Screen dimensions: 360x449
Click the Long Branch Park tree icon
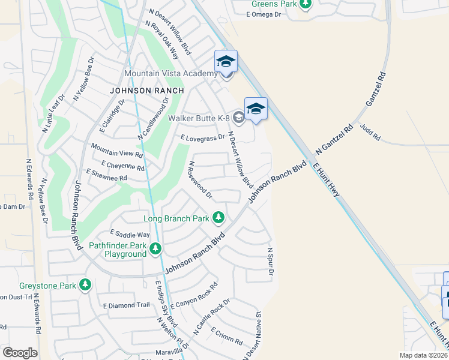pos(220,217)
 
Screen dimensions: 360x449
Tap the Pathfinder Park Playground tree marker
pos(156,247)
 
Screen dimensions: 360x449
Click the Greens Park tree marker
pos(306,5)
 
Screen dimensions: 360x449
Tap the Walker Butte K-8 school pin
pos(256,109)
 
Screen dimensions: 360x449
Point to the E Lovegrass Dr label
pos(203,137)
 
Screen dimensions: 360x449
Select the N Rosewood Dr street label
pos(200,179)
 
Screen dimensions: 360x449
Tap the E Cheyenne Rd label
pos(122,165)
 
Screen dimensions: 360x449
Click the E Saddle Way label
pos(130,235)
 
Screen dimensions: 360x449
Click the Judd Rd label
pos(370,132)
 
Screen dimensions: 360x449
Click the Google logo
pos(20,353)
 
